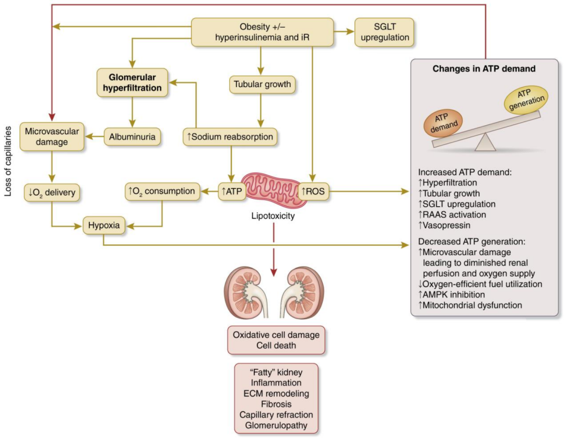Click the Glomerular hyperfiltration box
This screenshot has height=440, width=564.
click(x=132, y=82)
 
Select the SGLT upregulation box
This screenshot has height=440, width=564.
click(x=384, y=32)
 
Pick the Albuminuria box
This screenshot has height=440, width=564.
click(x=132, y=137)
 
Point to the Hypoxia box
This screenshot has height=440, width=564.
click(x=103, y=227)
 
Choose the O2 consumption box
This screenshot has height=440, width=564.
click(x=162, y=192)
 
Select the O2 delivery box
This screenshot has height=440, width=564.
click(x=52, y=192)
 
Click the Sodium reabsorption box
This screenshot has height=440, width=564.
click(x=230, y=137)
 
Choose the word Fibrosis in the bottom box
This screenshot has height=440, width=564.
click(x=272, y=403)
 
